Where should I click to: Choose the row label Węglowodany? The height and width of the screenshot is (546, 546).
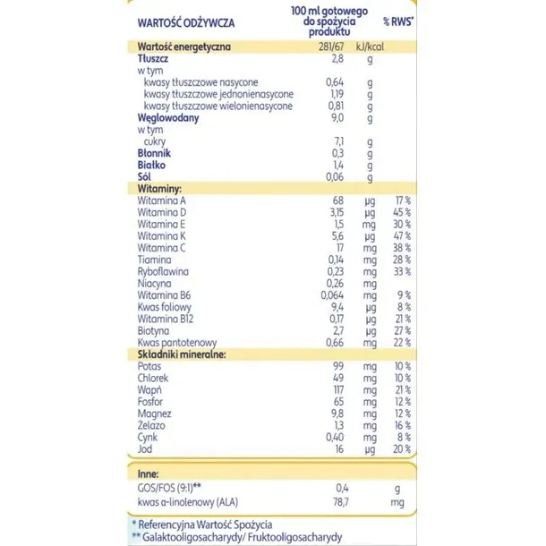point(168,117)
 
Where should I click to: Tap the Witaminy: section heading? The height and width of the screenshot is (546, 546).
point(161,189)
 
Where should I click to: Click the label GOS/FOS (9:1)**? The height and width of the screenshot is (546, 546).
point(175,485)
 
